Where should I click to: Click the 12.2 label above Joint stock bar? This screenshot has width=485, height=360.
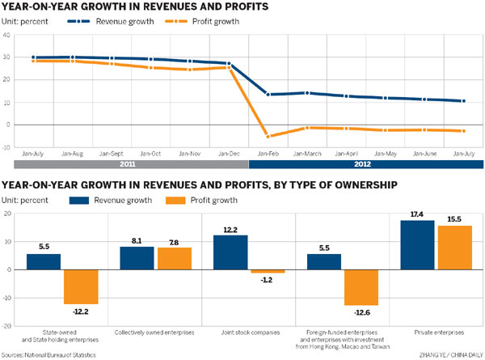coord(230,228)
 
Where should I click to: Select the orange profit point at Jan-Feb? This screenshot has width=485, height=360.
coord(267,136)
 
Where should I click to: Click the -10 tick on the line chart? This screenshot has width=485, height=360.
coord(7,147)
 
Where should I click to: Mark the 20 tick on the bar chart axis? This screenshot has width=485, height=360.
coord(7,214)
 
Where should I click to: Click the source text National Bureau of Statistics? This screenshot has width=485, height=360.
coord(57,354)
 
